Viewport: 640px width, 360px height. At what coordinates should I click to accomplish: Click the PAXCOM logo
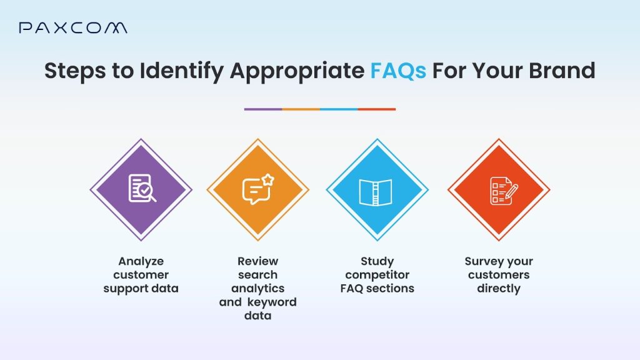(x=72, y=27)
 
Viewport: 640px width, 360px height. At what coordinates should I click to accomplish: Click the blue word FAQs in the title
(x=398, y=71)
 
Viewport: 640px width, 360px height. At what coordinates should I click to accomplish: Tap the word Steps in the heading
(x=75, y=71)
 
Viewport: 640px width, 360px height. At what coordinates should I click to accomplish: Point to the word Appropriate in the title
(x=297, y=71)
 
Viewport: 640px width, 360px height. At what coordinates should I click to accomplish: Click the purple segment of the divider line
(x=263, y=109)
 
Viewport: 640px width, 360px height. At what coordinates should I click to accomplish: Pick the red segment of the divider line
(x=377, y=109)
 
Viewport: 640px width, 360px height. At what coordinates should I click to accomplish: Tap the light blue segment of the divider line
(x=339, y=109)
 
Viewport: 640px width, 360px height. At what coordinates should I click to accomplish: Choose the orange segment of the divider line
(x=301, y=109)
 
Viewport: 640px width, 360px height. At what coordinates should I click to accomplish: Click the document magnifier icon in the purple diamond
(x=142, y=188)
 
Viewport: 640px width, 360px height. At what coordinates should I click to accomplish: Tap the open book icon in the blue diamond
(x=376, y=192)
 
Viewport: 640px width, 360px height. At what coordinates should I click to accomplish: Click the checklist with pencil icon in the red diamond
(x=504, y=191)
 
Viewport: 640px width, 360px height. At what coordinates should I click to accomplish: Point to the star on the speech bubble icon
(x=268, y=179)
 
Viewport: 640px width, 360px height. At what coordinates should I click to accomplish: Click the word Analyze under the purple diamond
(x=141, y=261)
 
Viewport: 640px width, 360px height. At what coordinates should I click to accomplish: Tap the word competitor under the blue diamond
(x=377, y=275)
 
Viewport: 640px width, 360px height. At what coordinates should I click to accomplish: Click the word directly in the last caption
(x=499, y=289)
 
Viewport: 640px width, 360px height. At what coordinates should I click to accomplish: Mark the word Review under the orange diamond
(x=258, y=261)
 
